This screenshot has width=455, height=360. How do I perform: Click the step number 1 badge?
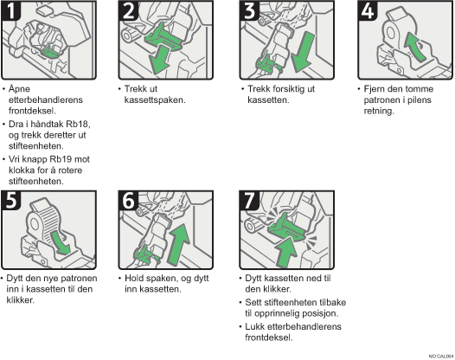[x=10, y=10]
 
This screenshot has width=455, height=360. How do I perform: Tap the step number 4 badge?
[x=368, y=10]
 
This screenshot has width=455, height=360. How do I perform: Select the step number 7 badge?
[x=249, y=200]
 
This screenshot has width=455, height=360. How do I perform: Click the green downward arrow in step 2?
[x=158, y=60]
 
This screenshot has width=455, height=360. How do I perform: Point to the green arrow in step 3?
[x=303, y=52]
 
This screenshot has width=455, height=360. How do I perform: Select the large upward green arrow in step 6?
[x=179, y=244]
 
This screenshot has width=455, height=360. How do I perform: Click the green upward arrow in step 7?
[x=286, y=252]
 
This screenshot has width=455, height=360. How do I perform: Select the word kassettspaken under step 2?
[x=155, y=100]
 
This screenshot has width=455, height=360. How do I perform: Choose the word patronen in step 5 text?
[x=79, y=278]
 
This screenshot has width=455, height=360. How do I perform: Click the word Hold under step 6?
[x=134, y=278]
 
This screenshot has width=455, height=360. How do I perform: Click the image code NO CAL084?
[x=441, y=357]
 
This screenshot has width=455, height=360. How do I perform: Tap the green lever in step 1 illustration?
[x=49, y=52]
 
